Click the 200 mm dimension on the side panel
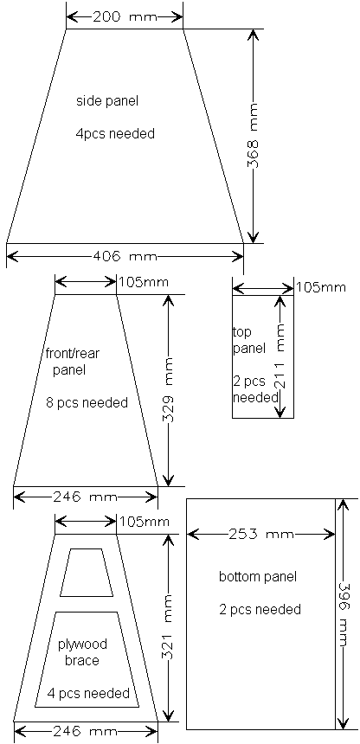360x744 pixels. coord(125,17)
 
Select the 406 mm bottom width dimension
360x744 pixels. coord(125,257)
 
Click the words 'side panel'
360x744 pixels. coord(107,100)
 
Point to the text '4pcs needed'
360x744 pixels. coord(115,134)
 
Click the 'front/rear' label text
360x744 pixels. coord(73,353)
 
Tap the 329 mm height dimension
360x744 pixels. coord(168,390)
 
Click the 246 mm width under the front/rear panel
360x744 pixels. coord(85,497)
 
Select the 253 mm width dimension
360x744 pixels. coord(261,535)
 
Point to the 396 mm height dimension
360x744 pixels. coord(343,614)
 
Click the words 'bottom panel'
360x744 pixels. coord(258,577)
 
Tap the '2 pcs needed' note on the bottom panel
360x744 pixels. coord(260,609)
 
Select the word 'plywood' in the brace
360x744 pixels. coord(82,645)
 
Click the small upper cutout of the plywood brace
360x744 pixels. coord(87,573)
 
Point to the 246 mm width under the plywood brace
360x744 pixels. coord(85,731)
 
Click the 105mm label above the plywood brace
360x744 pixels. coord(144,522)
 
